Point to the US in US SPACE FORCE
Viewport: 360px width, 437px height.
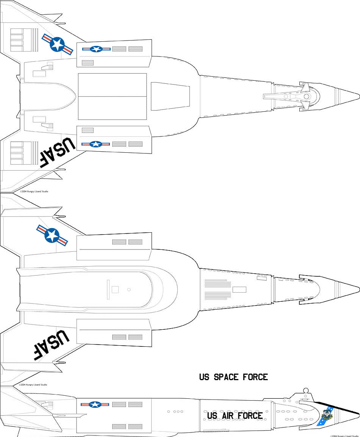[x=204, y=377]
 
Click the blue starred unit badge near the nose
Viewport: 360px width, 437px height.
[x=326, y=415]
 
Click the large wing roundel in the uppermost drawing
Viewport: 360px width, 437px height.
[x=57, y=45]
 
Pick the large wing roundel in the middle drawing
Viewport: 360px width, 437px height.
[x=52, y=235]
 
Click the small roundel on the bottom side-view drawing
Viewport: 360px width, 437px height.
[x=94, y=404]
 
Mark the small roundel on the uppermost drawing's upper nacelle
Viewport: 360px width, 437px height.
[x=96, y=49]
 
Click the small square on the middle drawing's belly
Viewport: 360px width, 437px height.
[x=115, y=290]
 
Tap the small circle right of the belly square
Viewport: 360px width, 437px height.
[x=129, y=290]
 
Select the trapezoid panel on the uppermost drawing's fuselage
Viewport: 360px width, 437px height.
[x=170, y=97]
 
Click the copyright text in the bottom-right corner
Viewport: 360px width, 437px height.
[x=344, y=435]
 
